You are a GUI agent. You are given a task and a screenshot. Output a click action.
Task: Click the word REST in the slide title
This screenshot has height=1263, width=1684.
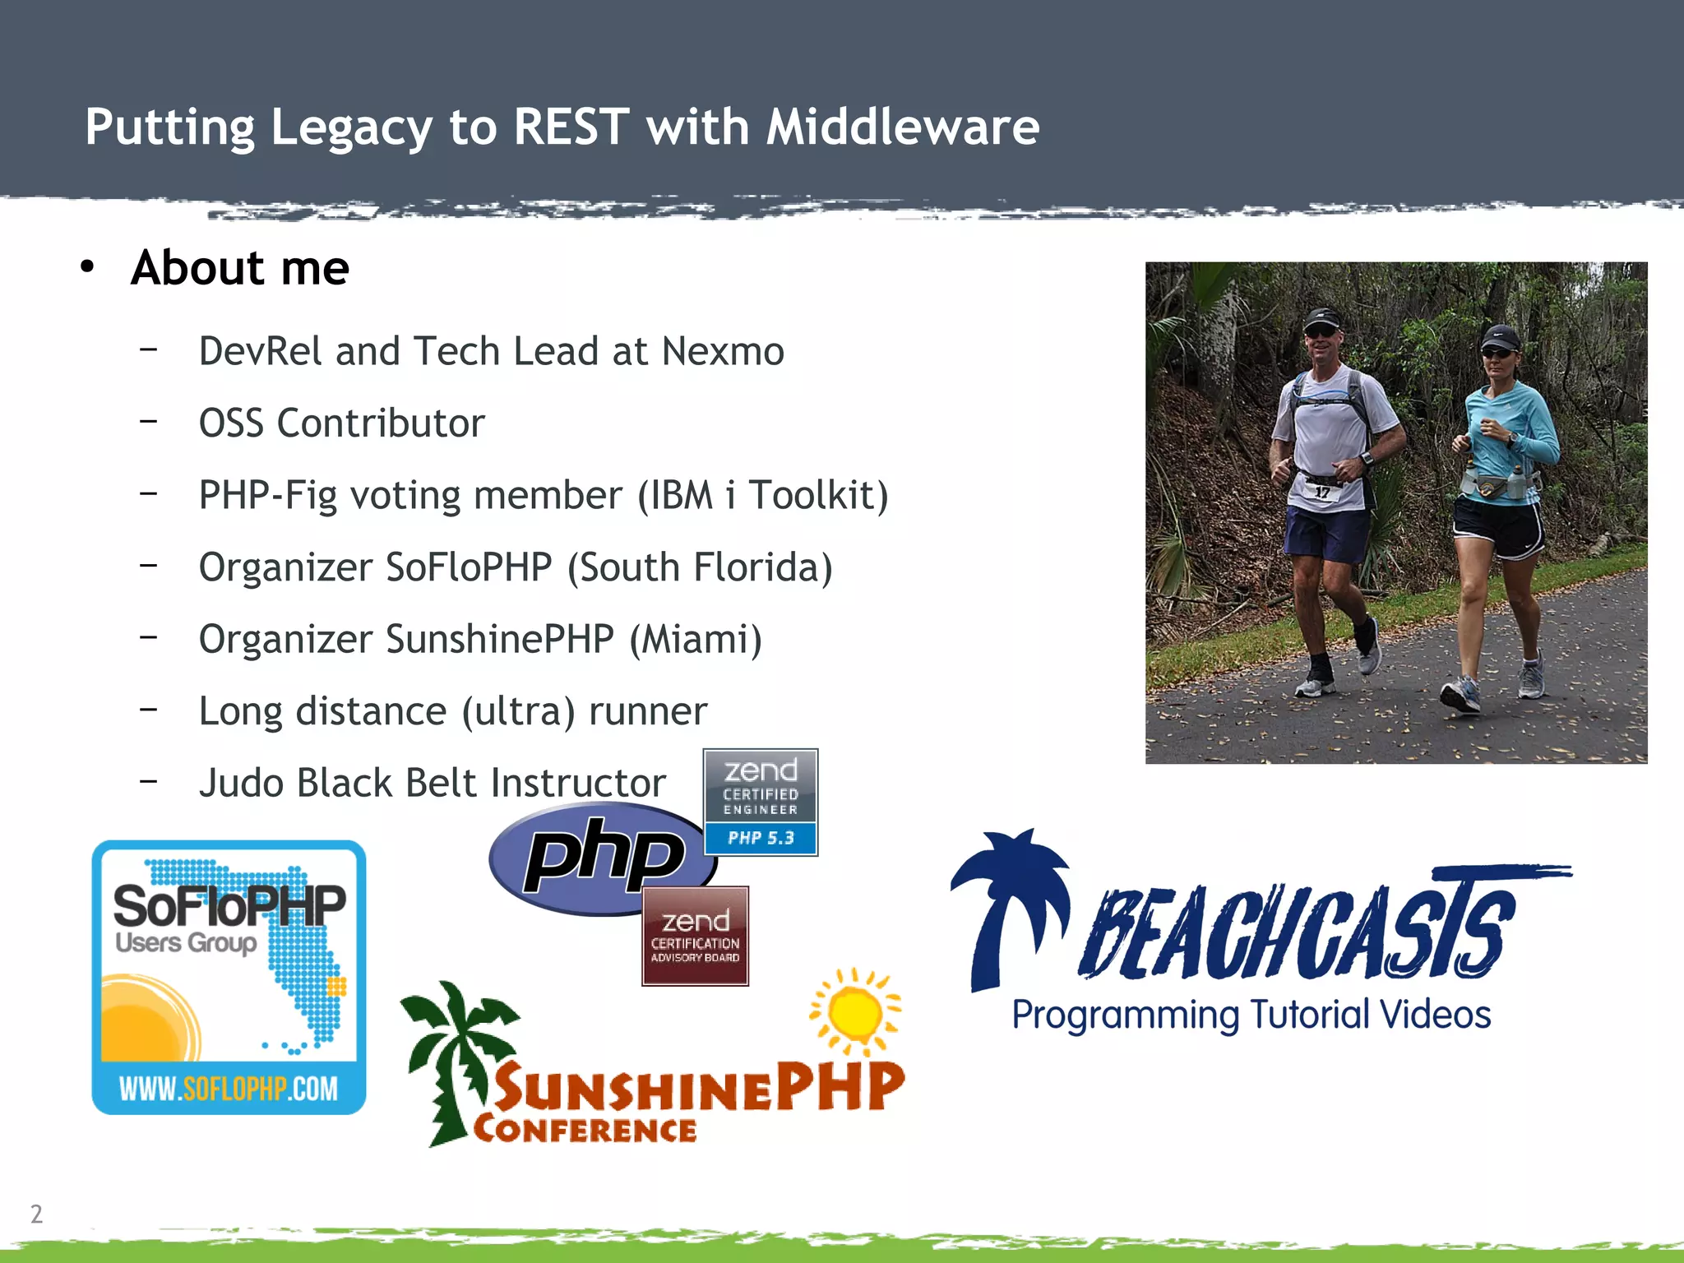coord(571,127)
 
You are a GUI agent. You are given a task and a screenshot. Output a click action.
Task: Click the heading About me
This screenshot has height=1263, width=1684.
coord(240,268)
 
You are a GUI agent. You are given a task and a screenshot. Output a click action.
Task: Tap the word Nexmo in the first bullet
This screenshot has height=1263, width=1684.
coord(723,351)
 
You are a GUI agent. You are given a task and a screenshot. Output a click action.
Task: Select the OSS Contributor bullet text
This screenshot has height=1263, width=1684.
coord(342,423)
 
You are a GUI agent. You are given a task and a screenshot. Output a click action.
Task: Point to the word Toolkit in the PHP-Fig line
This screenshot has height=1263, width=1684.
coord(818,495)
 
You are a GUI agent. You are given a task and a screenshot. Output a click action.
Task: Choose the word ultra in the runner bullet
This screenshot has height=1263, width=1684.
coord(518,711)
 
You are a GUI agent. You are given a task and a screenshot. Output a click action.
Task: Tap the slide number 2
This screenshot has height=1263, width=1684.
coord(36,1214)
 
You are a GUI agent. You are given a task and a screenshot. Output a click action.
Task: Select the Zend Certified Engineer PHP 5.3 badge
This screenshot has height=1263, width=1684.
coord(761,802)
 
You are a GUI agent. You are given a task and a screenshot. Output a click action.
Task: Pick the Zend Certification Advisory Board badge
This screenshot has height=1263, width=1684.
coord(695,936)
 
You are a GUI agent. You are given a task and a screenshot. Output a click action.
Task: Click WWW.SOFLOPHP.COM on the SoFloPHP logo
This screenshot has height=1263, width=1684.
coord(229,1089)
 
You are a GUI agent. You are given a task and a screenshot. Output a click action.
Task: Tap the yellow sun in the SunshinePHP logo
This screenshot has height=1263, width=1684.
coord(855,1012)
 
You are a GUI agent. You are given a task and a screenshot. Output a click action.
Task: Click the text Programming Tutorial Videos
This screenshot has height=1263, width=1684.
coord(1251,1015)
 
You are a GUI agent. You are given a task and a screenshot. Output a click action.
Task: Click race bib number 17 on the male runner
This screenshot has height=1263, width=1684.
coord(1321,493)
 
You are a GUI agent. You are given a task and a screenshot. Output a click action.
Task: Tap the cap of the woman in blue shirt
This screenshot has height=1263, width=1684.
coord(1500,336)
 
